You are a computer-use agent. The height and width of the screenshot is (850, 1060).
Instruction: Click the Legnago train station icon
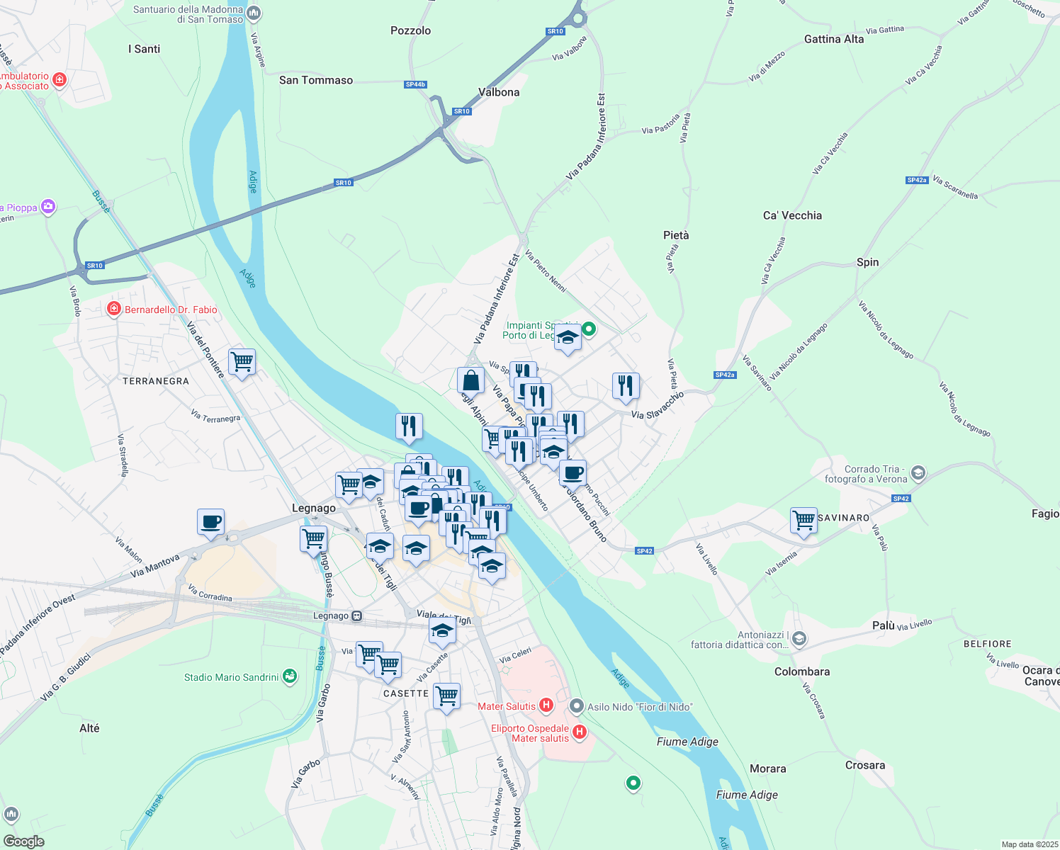[357, 616]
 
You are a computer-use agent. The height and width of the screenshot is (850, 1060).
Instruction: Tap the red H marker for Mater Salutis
[546, 705]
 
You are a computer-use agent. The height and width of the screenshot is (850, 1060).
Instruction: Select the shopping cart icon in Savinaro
[804, 520]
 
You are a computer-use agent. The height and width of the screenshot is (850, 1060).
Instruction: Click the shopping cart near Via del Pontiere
[242, 361]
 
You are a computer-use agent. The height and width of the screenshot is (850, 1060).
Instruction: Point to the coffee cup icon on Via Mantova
[210, 522]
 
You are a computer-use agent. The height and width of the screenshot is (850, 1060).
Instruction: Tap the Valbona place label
[499, 92]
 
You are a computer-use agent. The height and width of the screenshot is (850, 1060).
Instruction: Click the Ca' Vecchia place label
[792, 215]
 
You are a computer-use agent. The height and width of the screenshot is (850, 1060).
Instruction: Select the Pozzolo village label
[410, 30]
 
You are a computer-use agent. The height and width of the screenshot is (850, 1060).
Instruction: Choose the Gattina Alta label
[834, 39]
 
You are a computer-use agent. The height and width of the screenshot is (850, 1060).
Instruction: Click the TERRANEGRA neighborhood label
[156, 381]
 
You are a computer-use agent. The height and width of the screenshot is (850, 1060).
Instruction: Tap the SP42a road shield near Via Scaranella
[917, 181]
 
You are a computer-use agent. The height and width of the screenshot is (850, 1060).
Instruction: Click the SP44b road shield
[415, 84]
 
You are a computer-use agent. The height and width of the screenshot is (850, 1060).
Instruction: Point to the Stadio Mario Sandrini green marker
[289, 676]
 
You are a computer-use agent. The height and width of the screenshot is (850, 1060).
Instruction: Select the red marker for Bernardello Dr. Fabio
[113, 309]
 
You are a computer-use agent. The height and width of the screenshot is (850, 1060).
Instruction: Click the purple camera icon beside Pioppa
[48, 207]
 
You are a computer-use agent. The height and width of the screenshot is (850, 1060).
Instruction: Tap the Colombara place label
[801, 671]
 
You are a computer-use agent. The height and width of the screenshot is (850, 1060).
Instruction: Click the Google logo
[24, 841]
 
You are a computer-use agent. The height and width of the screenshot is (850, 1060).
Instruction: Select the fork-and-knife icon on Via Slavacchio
[625, 385]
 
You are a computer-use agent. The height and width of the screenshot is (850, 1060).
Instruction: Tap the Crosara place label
[864, 765]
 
